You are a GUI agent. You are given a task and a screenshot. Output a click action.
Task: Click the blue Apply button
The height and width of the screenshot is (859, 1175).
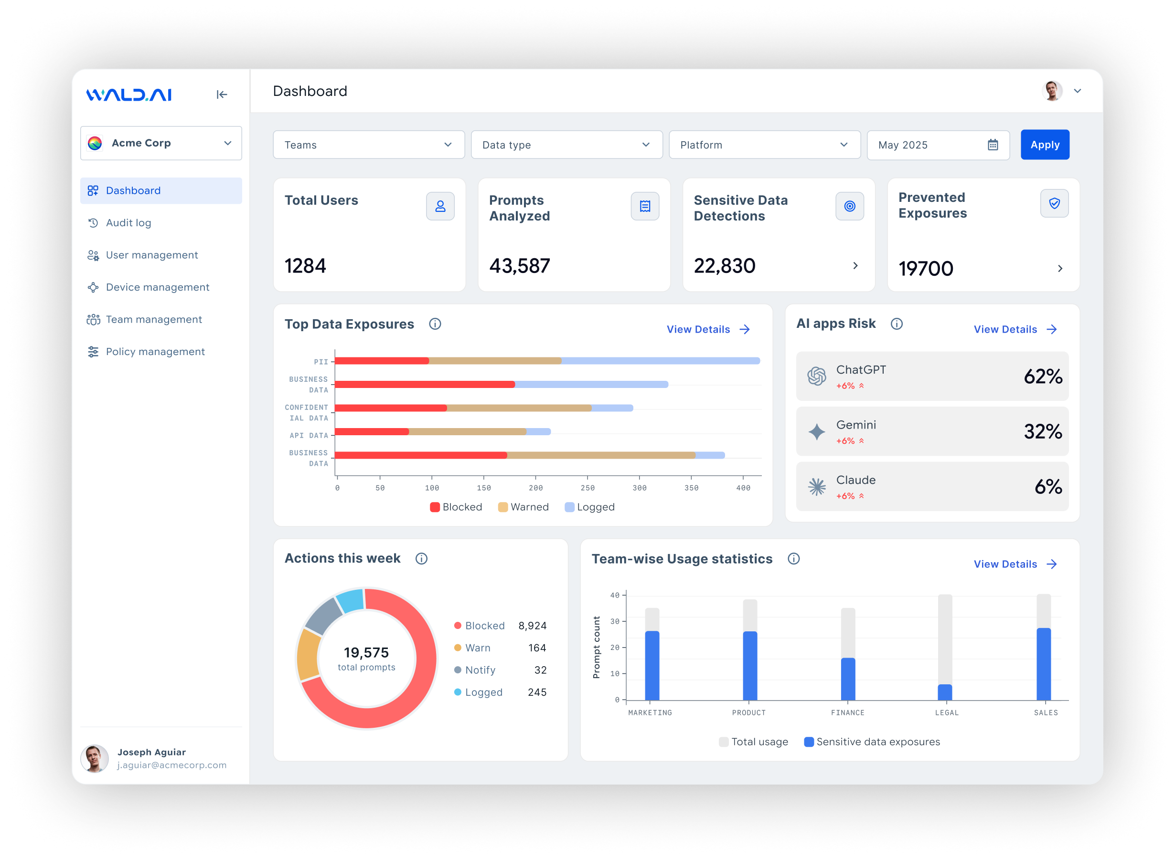pos(1045,145)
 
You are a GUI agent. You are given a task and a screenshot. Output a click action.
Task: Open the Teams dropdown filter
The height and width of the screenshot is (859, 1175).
pos(368,145)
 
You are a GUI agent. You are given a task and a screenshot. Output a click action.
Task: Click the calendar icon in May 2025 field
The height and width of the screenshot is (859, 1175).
pos(993,145)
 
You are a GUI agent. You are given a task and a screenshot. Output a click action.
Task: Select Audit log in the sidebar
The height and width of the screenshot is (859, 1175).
pos(128,222)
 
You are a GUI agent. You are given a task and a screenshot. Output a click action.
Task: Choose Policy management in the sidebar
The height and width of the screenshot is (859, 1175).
pos(155,352)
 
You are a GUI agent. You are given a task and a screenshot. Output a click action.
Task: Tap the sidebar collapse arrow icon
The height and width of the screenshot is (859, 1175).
pos(222,94)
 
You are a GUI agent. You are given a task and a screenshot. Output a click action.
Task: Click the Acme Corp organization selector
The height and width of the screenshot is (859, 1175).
pos(161,143)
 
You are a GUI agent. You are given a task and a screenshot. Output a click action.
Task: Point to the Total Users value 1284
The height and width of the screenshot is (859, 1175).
pos(306,266)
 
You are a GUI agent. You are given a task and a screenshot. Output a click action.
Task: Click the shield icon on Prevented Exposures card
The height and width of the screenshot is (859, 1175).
pos(1054,203)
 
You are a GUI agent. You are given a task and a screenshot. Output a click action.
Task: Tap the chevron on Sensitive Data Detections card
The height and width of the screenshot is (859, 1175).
pos(855,266)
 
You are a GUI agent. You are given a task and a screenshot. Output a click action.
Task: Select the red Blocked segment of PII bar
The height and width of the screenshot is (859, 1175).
pos(382,361)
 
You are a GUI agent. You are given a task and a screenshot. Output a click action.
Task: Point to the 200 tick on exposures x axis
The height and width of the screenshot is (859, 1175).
pos(535,488)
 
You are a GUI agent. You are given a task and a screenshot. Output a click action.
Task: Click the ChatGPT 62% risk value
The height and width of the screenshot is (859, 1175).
pos(1042,377)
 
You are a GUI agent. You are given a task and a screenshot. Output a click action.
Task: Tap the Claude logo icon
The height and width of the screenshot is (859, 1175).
pos(816,487)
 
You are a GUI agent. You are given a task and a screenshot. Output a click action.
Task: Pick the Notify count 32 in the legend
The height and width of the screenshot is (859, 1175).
pos(540,670)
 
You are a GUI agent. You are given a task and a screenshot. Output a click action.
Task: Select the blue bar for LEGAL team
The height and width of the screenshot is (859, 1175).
pos(944,692)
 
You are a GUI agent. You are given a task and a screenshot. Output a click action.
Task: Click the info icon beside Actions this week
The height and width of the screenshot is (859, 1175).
pos(421,558)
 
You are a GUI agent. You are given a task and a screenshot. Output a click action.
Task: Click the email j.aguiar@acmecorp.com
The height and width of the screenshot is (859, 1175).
pos(172,765)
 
